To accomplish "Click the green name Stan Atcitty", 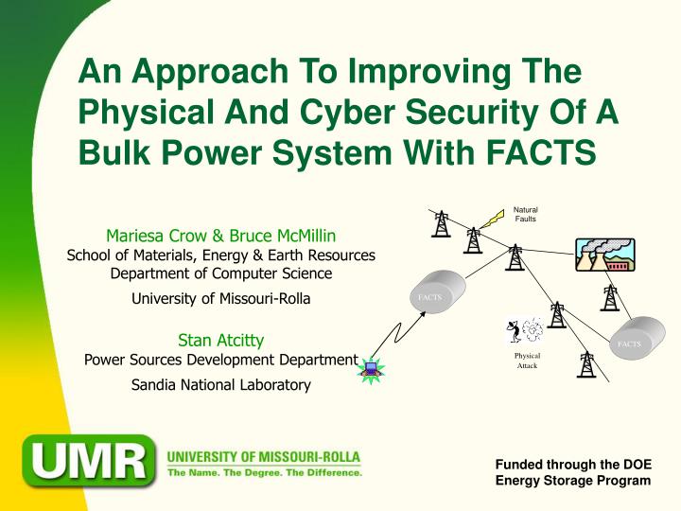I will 220,340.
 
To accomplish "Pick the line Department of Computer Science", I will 221,273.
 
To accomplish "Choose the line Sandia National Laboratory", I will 220,384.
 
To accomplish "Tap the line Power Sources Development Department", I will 220,359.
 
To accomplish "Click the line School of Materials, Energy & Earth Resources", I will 220,255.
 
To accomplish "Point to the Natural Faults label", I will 526,214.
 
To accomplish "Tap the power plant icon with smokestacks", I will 605,255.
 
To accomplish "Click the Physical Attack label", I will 527,361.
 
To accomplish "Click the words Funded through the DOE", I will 573,464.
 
